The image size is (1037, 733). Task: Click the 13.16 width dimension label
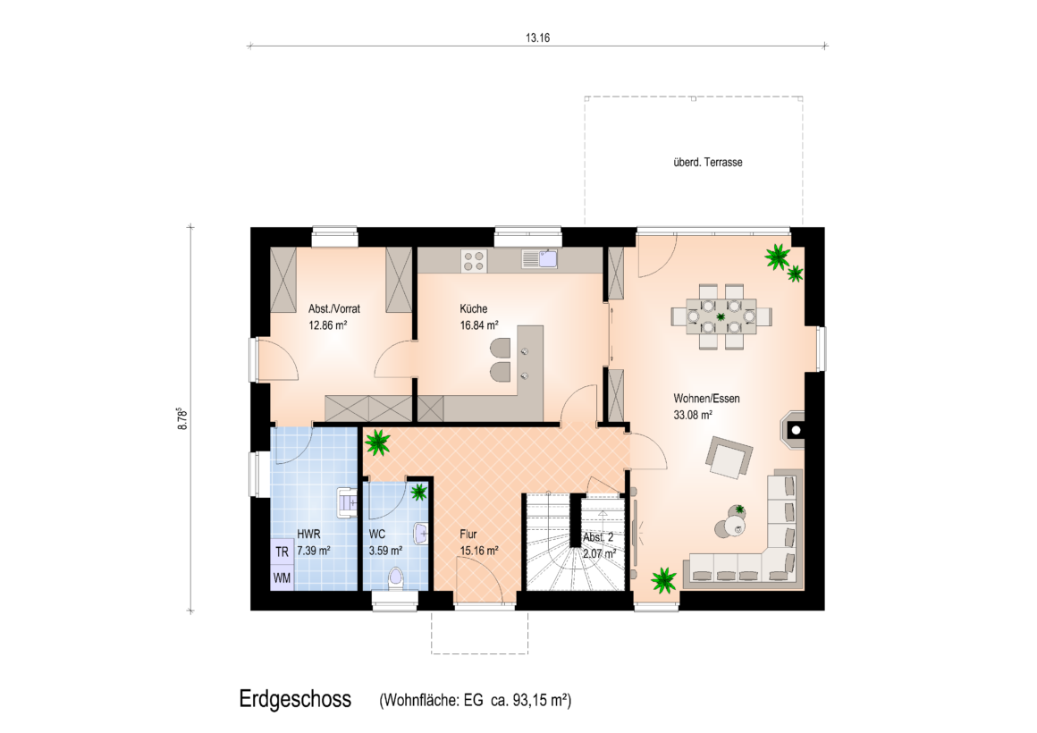537,38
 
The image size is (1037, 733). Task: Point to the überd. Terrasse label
708,162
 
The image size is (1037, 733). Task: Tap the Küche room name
474,308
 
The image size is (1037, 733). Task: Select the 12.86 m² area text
328,324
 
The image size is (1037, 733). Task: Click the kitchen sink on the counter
540,258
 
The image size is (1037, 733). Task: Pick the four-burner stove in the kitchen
474,260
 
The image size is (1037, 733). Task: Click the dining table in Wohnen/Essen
721,316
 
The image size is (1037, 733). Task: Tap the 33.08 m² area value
693,415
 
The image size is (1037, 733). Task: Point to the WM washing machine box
282,577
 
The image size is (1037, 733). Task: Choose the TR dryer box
282,552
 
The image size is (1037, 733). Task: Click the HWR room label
308,534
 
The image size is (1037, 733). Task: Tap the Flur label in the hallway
468,534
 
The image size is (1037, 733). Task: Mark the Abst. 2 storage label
598,537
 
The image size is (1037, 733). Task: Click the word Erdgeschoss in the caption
295,699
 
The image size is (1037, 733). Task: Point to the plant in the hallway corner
377,442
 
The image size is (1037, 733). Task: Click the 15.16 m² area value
479,551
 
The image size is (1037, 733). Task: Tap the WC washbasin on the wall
421,533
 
